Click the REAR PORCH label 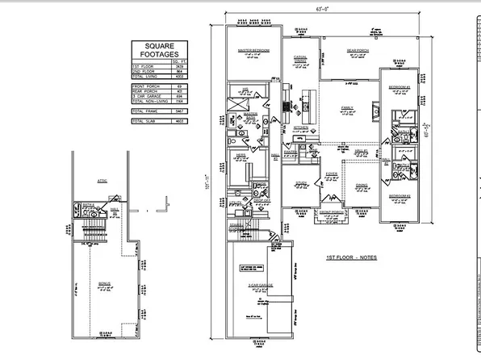click(358, 50)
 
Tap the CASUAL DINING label click(300, 57)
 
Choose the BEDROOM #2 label click(401, 196)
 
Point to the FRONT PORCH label click(330, 212)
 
